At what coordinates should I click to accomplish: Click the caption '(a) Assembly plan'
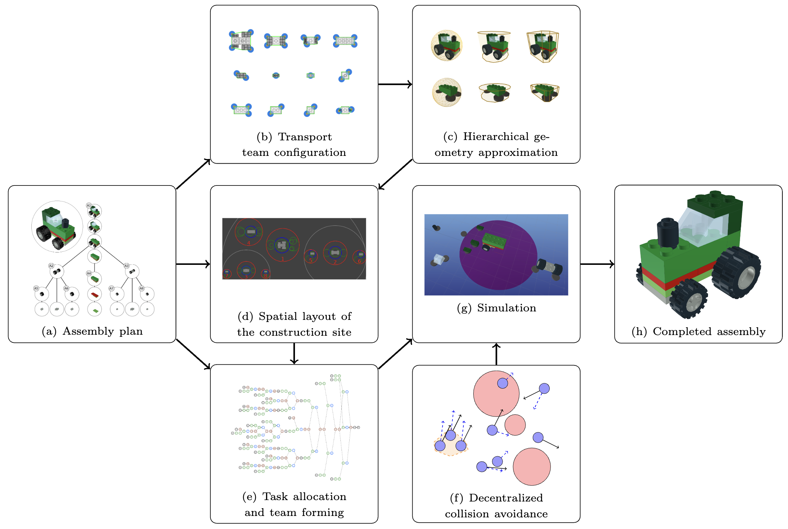(92, 331)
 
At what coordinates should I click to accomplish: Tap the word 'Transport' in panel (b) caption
(305, 137)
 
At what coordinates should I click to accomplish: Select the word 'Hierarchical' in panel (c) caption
(496, 136)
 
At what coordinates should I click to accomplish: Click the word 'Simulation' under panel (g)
(506, 308)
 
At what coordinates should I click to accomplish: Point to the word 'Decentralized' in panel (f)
(506, 498)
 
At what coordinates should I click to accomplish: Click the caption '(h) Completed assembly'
(698, 332)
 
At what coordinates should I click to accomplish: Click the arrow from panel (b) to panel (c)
(395, 84)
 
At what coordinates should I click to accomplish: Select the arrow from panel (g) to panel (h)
(597, 264)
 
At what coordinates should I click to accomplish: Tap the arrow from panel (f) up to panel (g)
(496, 354)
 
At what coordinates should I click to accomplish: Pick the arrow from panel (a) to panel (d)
(193, 264)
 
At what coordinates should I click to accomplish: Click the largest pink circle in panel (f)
(496, 394)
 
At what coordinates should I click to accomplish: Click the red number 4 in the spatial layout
(249, 243)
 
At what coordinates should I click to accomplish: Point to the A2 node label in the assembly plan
(51, 266)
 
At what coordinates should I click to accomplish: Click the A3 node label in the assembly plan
(126, 266)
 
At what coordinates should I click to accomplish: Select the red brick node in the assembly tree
(94, 294)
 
